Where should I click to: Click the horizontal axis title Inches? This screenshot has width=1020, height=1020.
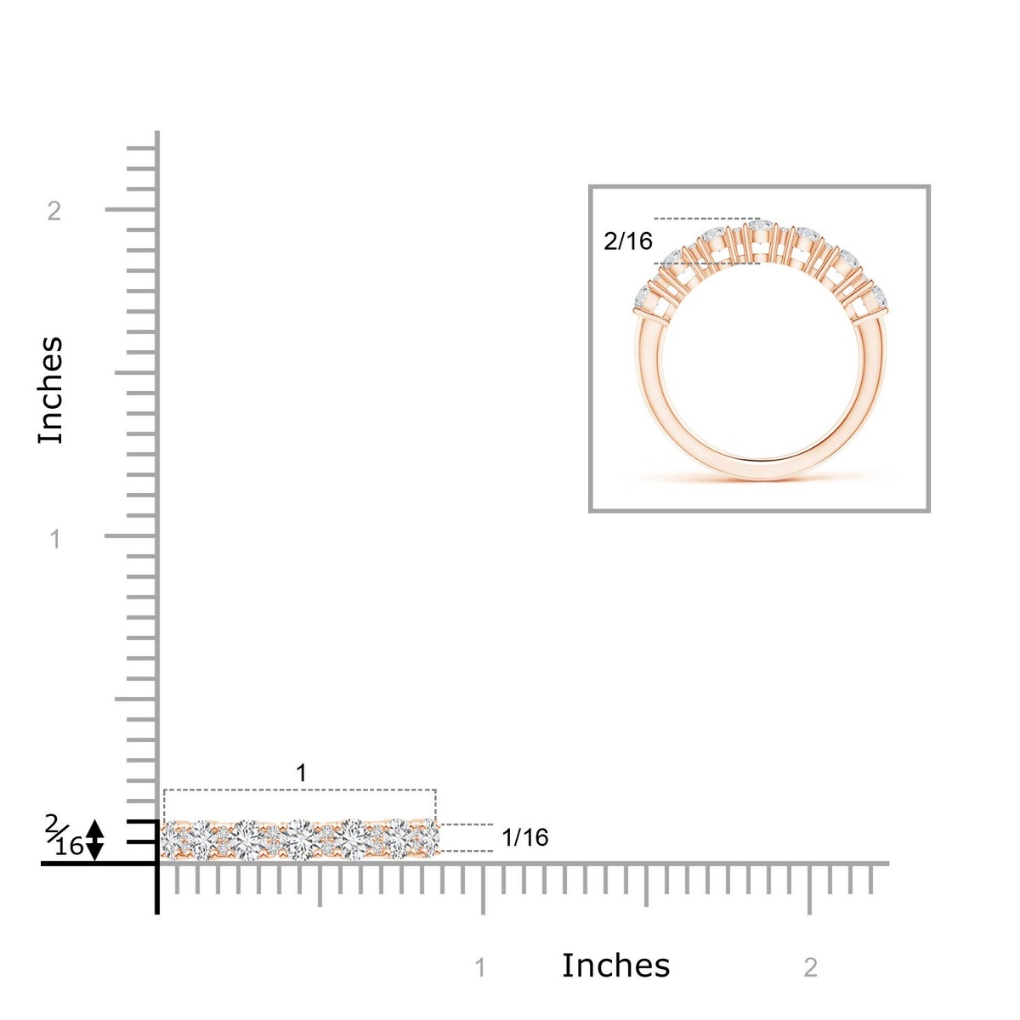click(615, 965)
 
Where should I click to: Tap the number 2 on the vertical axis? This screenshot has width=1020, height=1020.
click(54, 211)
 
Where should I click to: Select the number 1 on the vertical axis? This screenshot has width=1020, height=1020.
click(55, 539)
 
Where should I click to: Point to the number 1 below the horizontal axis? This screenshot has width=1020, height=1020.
click(480, 967)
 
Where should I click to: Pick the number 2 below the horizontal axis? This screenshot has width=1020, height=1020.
click(810, 967)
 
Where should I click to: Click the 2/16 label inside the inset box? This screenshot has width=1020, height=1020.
click(628, 241)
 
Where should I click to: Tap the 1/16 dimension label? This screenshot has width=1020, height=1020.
click(525, 837)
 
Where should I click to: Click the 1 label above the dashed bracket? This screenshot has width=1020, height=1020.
click(301, 773)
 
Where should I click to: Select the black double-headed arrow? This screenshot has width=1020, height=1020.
click(94, 840)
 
